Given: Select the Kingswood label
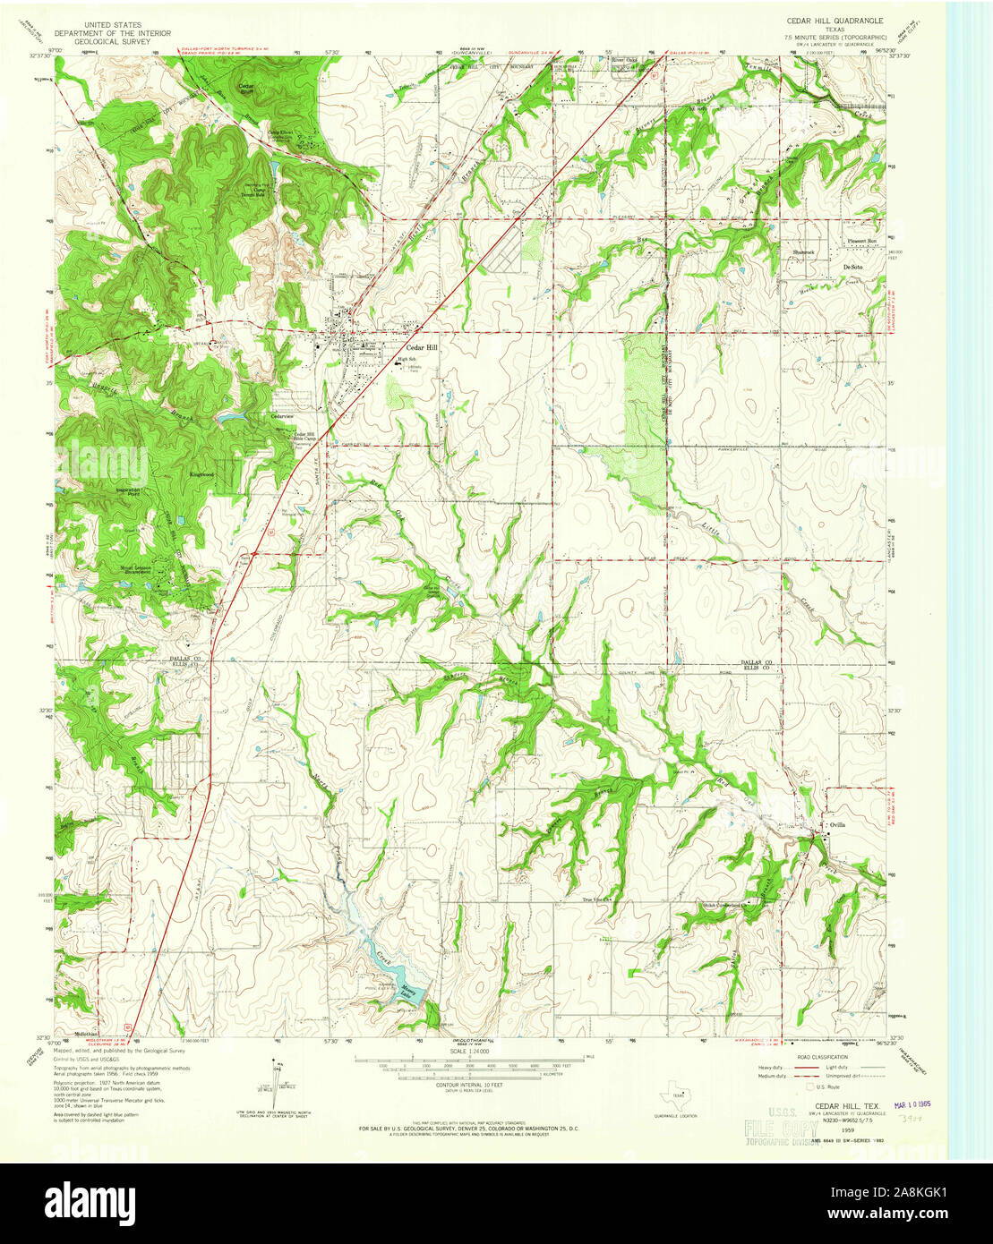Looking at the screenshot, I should coord(202,473).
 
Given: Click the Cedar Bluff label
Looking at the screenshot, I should coord(245,89).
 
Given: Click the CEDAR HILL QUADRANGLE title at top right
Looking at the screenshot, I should coord(835,20).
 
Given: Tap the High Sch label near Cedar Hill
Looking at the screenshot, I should coord(408,360).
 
